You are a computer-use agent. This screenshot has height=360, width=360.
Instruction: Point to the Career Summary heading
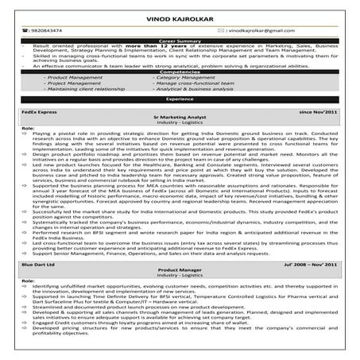click(x=179, y=40)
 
